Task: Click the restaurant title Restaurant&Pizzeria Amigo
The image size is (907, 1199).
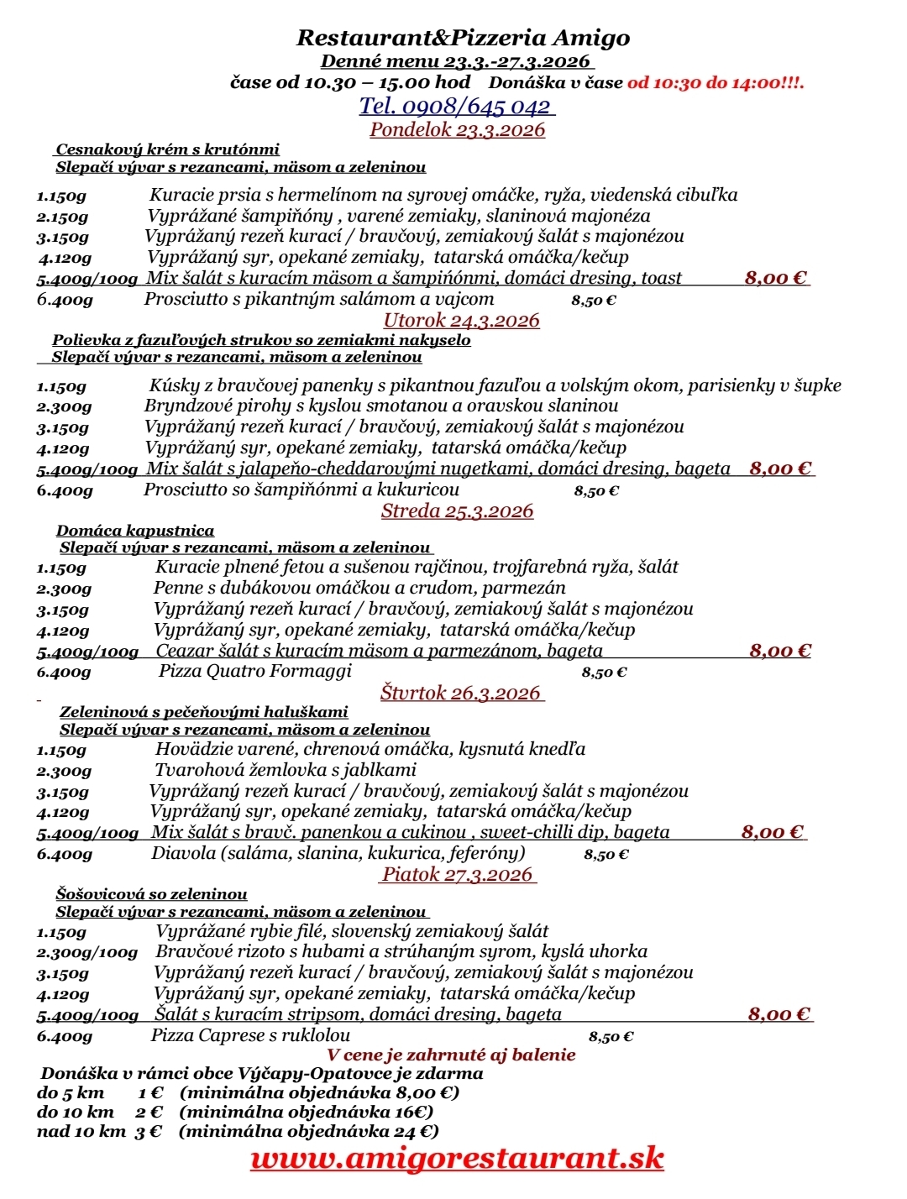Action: pyautogui.click(x=463, y=38)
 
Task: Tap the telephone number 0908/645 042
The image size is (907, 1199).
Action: pyautogui.click(x=457, y=107)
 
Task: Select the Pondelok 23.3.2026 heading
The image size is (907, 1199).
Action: pyautogui.click(x=457, y=129)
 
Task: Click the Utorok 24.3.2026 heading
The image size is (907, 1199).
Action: pyautogui.click(x=461, y=320)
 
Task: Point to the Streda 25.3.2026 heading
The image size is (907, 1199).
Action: pyautogui.click(x=457, y=510)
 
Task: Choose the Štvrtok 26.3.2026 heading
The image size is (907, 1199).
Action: pyautogui.click(x=461, y=693)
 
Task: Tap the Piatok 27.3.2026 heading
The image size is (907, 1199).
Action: pyautogui.click(x=458, y=874)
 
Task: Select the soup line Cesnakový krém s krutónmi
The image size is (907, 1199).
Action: pyautogui.click(x=167, y=149)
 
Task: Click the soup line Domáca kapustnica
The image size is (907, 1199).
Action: pyautogui.click(x=135, y=531)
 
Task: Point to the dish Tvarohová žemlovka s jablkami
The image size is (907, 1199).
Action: pyautogui.click(x=286, y=770)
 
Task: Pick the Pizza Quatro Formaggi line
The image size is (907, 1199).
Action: pyautogui.click(x=254, y=671)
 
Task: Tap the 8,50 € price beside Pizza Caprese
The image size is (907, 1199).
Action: pyautogui.click(x=611, y=1037)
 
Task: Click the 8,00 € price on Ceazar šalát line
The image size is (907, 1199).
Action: pyautogui.click(x=779, y=651)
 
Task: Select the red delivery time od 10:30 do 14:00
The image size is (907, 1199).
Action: pyautogui.click(x=715, y=83)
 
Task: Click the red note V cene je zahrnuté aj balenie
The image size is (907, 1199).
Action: pyautogui.click(x=451, y=1055)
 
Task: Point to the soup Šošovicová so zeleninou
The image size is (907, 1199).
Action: pyautogui.click(x=152, y=894)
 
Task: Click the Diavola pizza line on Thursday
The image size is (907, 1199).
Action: pyautogui.click(x=338, y=853)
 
